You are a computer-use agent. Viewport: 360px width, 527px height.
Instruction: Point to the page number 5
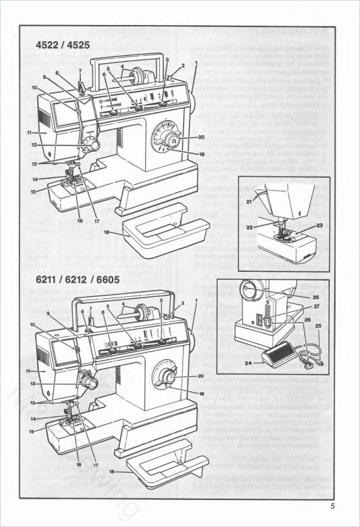[334, 506]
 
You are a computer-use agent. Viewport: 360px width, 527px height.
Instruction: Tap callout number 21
[249, 202]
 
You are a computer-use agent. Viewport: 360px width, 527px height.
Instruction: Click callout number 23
[319, 226]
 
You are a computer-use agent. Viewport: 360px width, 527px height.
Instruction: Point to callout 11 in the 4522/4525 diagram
[29, 132]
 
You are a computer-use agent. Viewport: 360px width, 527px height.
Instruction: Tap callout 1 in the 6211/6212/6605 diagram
[195, 301]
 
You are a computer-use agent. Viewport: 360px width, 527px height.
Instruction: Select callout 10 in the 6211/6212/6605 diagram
[32, 325]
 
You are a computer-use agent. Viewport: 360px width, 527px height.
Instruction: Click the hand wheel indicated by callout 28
[249, 293]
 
